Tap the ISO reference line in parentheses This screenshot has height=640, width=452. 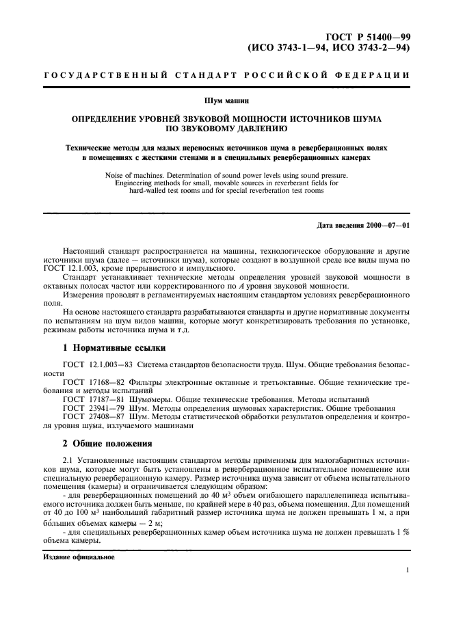click(328, 48)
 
